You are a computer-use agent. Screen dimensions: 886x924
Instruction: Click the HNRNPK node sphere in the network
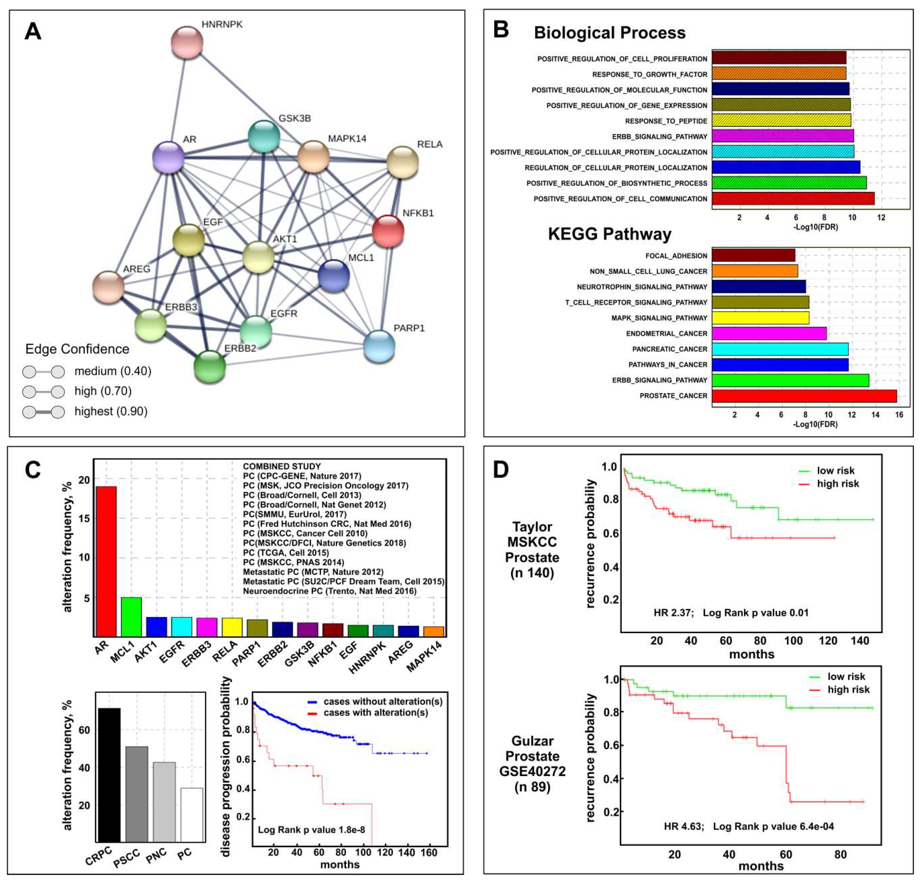tap(187, 42)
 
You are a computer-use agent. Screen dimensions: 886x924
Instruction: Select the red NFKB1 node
tap(388, 231)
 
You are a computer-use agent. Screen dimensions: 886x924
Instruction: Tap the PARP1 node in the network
tap(379, 346)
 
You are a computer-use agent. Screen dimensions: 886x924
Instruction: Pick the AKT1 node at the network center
tap(258, 257)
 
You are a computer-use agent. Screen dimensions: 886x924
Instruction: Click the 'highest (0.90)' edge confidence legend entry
tap(111, 411)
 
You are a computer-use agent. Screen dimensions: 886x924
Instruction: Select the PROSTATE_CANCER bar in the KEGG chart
tap(804, 396)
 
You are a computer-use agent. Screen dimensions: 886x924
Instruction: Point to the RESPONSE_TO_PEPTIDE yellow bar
tap(781, 121)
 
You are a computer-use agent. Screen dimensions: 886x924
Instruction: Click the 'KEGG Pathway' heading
tap(610, 234)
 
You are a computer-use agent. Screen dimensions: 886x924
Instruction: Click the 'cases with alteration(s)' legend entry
tap(375, 713)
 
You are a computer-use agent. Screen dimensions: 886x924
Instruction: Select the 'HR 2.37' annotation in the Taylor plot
tap(673, 613)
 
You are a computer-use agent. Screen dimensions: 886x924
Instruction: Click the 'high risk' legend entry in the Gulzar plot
tap(848, 689)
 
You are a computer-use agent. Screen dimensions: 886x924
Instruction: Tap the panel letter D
tap(501, 469)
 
